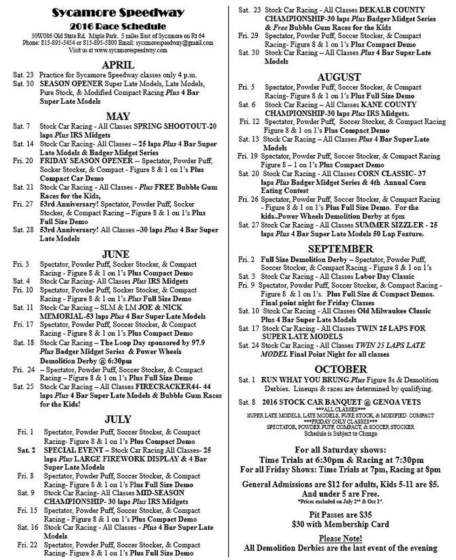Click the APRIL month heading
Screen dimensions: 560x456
[118, 65]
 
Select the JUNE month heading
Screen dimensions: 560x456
[116, 254]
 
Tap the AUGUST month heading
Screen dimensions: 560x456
[339, 77]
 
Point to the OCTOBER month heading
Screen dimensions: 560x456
[341, 369]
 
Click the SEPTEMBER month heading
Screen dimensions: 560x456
[340, 249]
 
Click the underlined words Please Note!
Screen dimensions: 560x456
[340, 539]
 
